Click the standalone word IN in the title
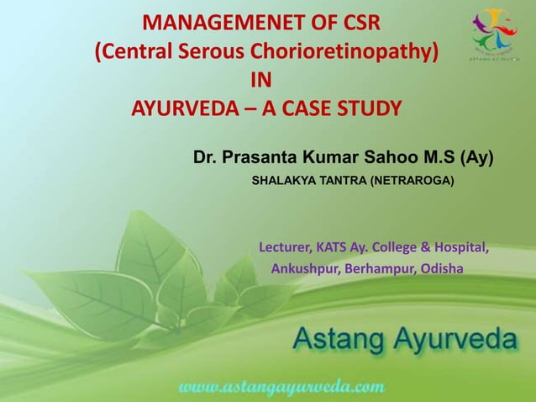point(261,82)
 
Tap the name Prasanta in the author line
point(261,157)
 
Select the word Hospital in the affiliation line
point(459,248)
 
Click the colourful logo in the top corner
point(492,31)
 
